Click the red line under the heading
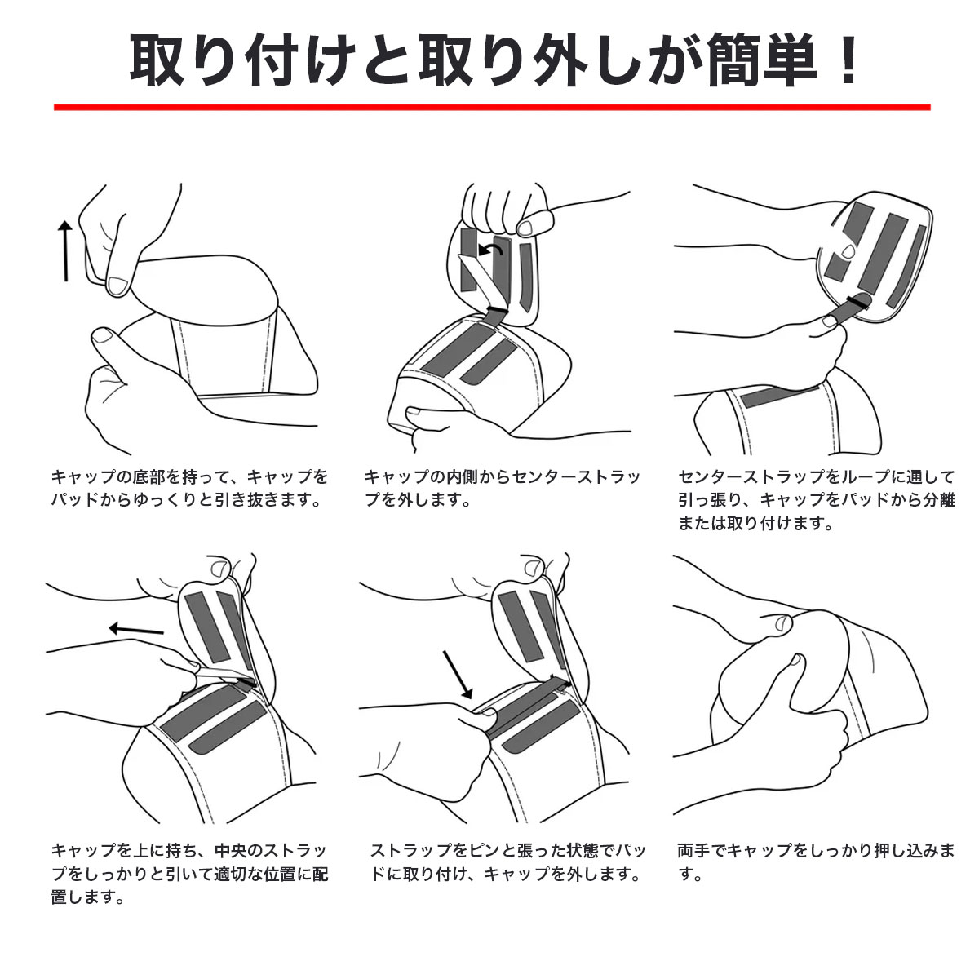492,107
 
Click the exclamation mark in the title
848,60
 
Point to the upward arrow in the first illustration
65,250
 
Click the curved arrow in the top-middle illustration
491,249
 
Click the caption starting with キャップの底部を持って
189,488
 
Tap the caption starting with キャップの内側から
502,488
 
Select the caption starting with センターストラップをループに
816,500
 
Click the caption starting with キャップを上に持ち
189,873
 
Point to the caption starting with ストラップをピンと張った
507,862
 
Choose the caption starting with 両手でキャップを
816,862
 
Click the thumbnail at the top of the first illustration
117,286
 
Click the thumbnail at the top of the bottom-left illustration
220,568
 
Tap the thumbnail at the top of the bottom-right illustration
782,622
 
